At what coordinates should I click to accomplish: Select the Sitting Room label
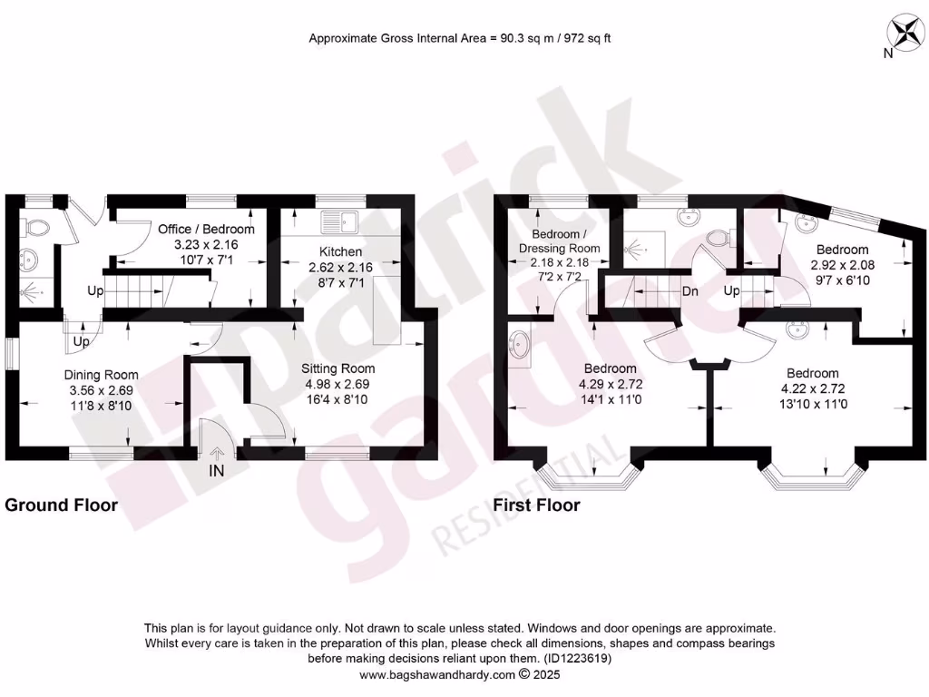point(337,368)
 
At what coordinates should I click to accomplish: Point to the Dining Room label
point(101,375)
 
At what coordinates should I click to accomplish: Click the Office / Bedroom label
point(206,230)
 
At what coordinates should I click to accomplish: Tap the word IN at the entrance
point(216,471)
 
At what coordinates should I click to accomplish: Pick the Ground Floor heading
point(62,506)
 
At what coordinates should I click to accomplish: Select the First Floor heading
point(536,506)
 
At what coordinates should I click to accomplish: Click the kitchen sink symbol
point(341,219)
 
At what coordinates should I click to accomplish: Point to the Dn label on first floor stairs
point(689,292)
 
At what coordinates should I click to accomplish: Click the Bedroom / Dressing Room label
point(559,241)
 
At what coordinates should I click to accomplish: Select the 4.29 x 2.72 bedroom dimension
point(610,384)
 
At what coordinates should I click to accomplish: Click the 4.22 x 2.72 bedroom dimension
point(812,388)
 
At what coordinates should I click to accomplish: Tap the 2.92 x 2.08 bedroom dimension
point(842,265)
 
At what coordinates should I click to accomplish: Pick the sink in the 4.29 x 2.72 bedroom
point(521,345)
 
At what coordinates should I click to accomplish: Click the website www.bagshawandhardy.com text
point(437,675)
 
